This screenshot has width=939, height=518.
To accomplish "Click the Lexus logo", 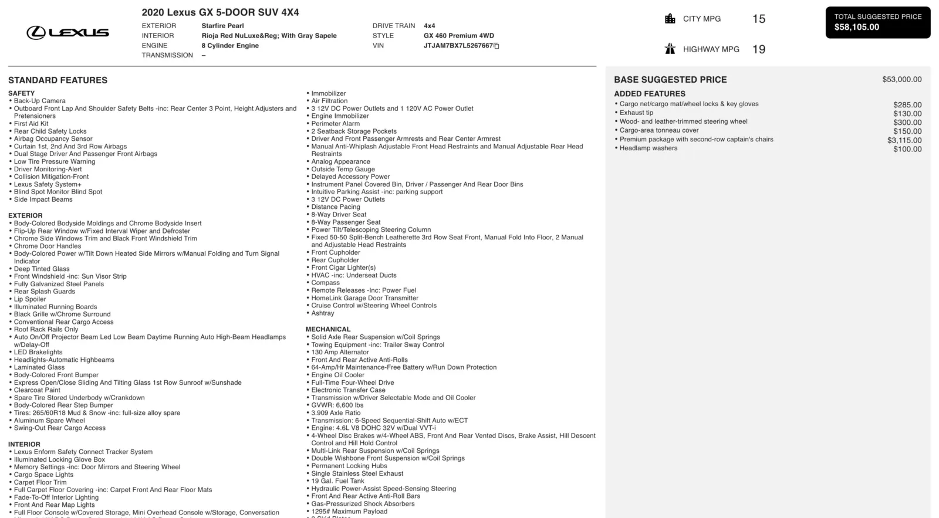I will point(67,33).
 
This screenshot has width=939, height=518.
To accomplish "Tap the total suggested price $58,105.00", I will point(856,27).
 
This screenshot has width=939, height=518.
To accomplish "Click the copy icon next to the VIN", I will point(496,46).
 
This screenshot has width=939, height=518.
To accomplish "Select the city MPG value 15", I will point(758,19).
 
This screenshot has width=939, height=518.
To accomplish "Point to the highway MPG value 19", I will point(758,49).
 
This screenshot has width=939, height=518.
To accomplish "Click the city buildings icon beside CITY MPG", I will point(670,19).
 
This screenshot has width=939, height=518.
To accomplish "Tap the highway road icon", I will point(670,49).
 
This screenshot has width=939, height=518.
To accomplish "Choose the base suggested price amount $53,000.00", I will point(901,79).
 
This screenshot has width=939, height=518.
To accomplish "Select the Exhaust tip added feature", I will point(636,113).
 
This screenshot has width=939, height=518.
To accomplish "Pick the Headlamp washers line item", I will point(648,148).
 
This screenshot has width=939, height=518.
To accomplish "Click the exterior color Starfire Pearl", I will point(222,26).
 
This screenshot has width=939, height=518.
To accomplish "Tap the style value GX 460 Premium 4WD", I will point(458,36).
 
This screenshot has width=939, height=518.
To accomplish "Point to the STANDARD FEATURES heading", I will point(58,80).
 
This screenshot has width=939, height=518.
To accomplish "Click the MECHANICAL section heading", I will point(327,329).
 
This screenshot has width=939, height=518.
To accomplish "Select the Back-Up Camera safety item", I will point(39,101).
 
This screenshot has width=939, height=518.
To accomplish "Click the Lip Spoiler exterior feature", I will point(30,299).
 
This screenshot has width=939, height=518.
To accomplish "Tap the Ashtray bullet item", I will point(322,313).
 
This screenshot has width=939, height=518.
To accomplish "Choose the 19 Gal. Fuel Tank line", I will point(337,481).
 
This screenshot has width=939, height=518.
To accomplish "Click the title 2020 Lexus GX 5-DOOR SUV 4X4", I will point(220,12).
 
